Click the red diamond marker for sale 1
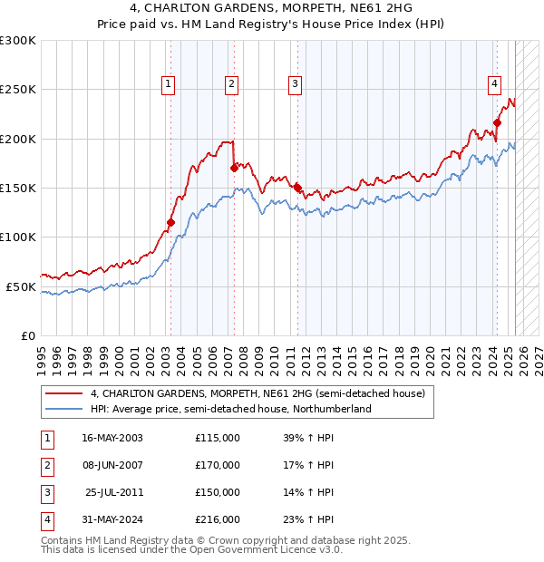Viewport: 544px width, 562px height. [x=170, y=222]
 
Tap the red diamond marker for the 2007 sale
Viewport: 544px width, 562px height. [x=234, y=168]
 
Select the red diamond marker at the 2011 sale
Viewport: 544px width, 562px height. [x=297, y=188]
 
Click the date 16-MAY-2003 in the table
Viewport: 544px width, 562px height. [x=112, y=438]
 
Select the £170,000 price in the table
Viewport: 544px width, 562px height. [x=218, y=465]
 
